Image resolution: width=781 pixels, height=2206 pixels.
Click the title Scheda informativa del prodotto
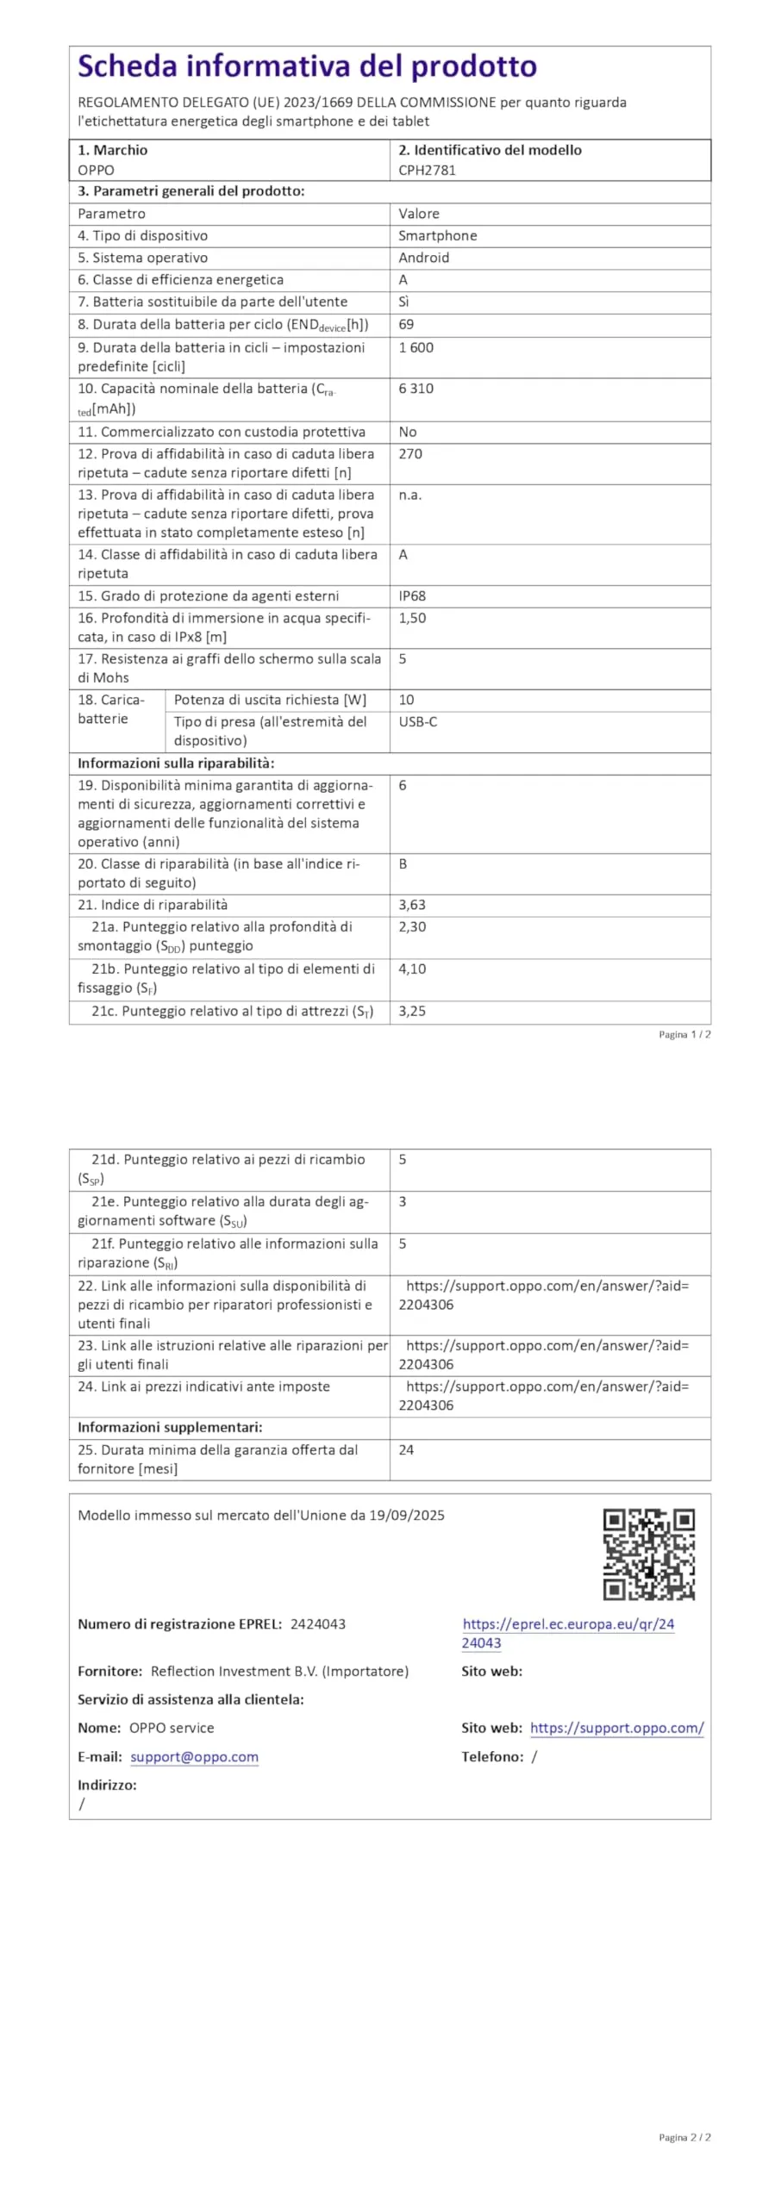tap(307, 66)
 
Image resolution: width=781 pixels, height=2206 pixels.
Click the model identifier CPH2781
tap(427, 170)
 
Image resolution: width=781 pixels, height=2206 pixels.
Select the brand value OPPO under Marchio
tap(96, 170)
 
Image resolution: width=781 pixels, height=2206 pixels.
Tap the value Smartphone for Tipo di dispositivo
tap(437, 235)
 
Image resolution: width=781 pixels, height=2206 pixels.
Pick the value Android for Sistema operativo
tap(423, 258)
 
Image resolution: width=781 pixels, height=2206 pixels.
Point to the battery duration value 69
tap(406, 324)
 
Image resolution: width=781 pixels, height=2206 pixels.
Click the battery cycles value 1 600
tap(415, 347)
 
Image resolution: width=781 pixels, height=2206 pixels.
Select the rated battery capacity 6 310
tap(415, 389)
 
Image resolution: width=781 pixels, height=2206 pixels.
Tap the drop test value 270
tap(410, 454)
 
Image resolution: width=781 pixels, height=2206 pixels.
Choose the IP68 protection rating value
tap(412, 595)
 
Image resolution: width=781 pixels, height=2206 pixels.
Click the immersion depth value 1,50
tap(412, 618)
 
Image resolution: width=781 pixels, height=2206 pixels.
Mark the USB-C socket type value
tap(417, 721)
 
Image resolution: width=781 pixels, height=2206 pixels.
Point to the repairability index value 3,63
tap(412, 905)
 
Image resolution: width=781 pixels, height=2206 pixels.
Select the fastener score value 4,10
tap(412, 969)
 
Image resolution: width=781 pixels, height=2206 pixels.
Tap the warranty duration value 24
tap(406, 1449)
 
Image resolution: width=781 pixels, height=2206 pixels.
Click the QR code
tap(648, 1554)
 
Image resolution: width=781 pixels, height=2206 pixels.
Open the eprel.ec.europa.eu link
tap(568, 1623)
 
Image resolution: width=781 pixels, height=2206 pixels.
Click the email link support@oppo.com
tap(194, 1756)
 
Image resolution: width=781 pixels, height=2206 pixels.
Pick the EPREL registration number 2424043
tap(318, 1623)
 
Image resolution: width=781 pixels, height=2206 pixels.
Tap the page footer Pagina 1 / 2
tap(684, 1034)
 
